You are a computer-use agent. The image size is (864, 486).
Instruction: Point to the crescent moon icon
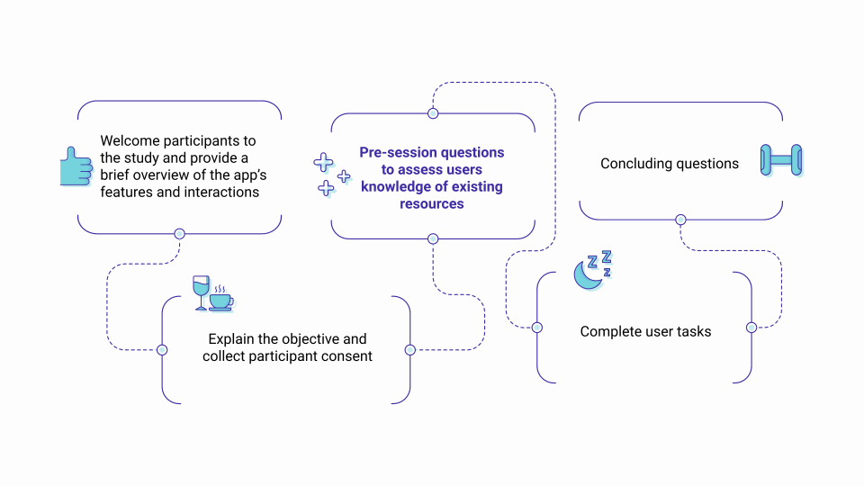point(588,275)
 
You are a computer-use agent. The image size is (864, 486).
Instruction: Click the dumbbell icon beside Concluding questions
point(781,160)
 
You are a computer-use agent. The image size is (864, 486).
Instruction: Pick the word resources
point(432,203)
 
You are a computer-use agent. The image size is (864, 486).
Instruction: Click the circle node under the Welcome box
point(179,234)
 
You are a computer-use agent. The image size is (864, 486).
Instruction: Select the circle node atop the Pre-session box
point(433,113)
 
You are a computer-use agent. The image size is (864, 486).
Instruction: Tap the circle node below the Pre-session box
point(433,238)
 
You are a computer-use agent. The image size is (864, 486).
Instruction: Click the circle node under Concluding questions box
point(680,220)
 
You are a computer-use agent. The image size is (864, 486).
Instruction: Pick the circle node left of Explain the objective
point(162,349)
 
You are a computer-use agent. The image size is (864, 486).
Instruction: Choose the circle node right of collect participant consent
point(409,349)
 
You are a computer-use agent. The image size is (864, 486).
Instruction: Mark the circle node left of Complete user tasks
point(537,327)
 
